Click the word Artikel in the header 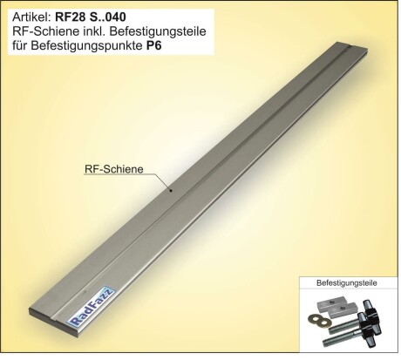pos(32,17)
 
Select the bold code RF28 pos(70,17)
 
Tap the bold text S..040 pos(106,17)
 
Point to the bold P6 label pos(153,46)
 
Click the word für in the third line pos(20,46)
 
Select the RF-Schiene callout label pos(114,169)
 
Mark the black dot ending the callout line pos(171,191)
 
